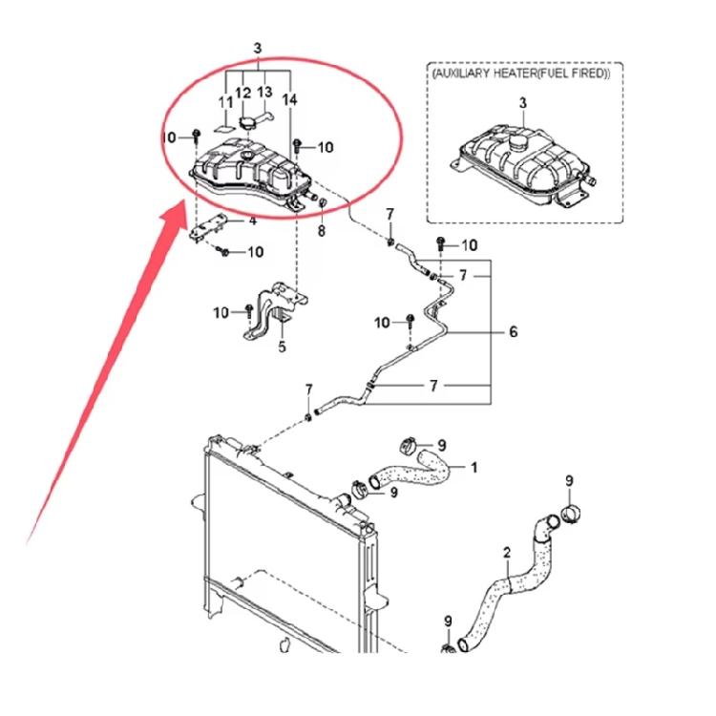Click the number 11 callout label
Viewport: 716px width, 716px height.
[x=226, y=102]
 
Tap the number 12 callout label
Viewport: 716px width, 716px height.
[x=242, y=94]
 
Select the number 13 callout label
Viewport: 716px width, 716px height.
[x=264, y=93]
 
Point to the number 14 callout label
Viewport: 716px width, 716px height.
[x=289, y=99]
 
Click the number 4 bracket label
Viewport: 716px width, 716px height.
[x=253, y=221]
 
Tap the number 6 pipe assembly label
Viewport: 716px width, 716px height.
[x=514, y=331]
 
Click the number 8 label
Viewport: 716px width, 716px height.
[x=322, y=231]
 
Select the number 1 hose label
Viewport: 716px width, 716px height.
[x=474, y=468]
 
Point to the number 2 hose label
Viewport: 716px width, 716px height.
[x=507, y=553]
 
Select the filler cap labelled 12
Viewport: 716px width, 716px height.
[x=247, y=123]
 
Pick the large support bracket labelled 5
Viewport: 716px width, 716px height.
[x=275, y=311]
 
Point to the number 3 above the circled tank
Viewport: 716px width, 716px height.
[x=258, y=48]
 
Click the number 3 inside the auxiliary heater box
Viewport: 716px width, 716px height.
[x=523, y=103]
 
